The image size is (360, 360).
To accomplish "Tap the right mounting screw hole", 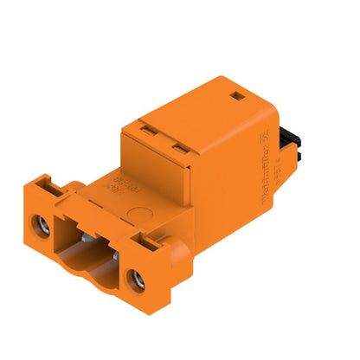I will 135,279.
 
